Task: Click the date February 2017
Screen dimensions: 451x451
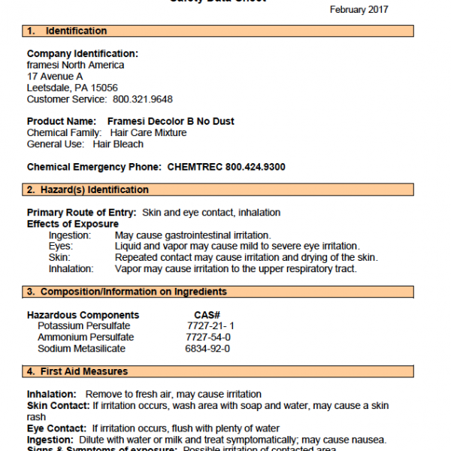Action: pyautogui.click(x=359, y=9)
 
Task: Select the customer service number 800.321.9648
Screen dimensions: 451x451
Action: pyautogui.click(x=143, y=99)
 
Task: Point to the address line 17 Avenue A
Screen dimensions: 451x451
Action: pyautogui.click(x=55, y=77)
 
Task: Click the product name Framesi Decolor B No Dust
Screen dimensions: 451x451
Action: pyautogui.click(x=171, y=122)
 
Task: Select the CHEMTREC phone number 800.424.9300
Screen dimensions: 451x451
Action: pyautogui.click(x=247, y=167)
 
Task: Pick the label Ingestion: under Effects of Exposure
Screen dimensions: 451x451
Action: pyautogui.click(x=70, y=235)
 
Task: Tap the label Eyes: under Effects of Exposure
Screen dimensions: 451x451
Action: pyautogui.click(x=61, y=247)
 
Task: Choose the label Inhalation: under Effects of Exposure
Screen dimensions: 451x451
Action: pyautogui.click(x=71, y=268)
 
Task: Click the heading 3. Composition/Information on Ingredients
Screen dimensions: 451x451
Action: pyautogui.click(x=127, y=292)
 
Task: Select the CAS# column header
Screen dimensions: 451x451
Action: pyautogui.click(x=207, y=315)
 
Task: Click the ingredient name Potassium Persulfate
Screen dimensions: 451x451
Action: pyautogui.click(x=83, y=326)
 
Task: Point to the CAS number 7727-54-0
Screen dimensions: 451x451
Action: pyautogui.click(x=208, y=337)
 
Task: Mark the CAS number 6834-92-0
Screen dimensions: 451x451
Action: pyautogui.click(x=208, y=349)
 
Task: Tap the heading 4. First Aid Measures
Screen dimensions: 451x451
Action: pyautogui.click(x=77, y=371)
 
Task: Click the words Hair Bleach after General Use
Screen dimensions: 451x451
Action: pyautogui.click(x=118, y=144)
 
